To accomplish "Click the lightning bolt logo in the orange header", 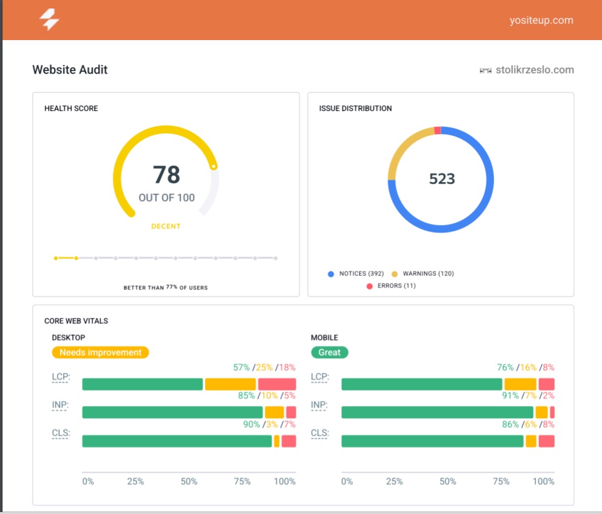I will pos(49,20).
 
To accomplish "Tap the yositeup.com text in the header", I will pos(541,20).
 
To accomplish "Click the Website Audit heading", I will pos(70,70).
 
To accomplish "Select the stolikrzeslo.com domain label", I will pos(534,70).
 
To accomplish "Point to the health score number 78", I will pos(166,175).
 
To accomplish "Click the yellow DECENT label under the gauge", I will pos(166,226).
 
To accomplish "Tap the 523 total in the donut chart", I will pos(442,179).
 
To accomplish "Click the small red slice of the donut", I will pos(438,130).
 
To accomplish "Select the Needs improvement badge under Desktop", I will pos(100,353).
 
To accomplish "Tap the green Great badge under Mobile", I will pos(329,353).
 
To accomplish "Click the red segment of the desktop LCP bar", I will pos(277,384).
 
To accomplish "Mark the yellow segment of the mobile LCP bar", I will pos(520,384).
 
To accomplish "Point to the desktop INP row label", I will pos(61,405).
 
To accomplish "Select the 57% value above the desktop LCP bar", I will pos(241,368).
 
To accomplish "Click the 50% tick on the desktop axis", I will pos(189,481).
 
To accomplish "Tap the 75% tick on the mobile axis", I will pos(501,481).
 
